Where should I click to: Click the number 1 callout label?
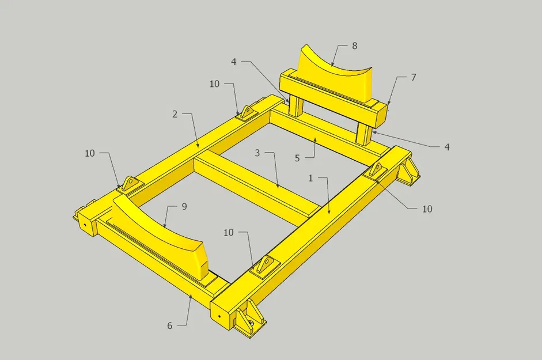tap(310, 179)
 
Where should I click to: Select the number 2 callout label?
tap(175, 114)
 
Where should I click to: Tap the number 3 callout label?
tap(257, 154)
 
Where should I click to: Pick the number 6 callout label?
tap(170, 325)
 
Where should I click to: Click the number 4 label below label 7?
tap(446, 147)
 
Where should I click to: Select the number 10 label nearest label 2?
tap(214, 84)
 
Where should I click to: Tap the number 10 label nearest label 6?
tap(229, 232)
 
